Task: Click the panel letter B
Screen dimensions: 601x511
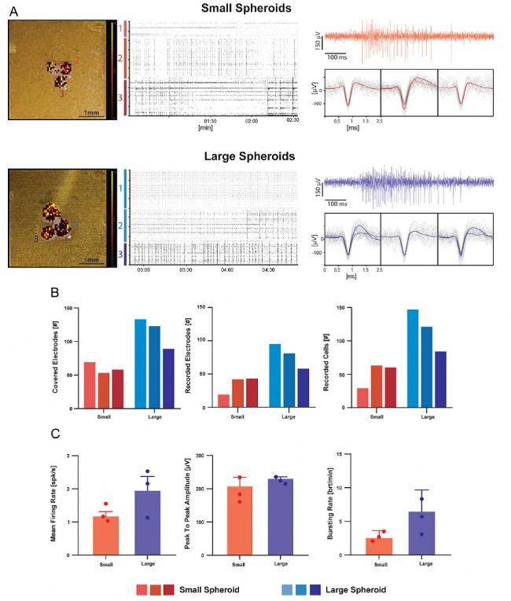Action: pyautogui.click(x=53, y=291)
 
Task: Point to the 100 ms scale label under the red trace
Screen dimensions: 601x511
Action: pyautogui.click(x=339, y=57)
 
